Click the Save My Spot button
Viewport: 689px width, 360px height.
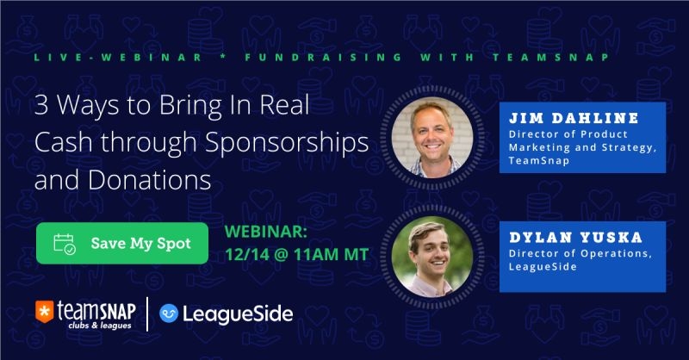[122, 243]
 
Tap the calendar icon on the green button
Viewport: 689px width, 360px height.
[65, 244]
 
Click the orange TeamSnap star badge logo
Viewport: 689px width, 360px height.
[45, 311]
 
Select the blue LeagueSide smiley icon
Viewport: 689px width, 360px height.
[168, 313]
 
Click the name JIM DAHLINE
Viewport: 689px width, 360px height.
[574, 118]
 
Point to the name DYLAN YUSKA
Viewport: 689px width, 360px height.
[575, 238]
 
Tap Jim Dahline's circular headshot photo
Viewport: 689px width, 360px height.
[432, 137]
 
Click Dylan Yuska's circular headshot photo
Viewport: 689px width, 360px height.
[432, 257]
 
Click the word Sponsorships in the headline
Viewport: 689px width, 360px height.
[287, 143]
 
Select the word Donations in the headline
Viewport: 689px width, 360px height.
[149, 180]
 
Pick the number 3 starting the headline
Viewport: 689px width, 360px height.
[41, 106]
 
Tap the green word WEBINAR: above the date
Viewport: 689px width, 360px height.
[266, 232]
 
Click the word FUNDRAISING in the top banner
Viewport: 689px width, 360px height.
[324, 57]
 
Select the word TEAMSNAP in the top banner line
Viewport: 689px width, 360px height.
[551, 57]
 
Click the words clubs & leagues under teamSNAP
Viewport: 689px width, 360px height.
[100, 326]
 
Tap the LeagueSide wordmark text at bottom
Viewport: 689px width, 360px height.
[238, 313]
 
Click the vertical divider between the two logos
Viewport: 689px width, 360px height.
[146, 313]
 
